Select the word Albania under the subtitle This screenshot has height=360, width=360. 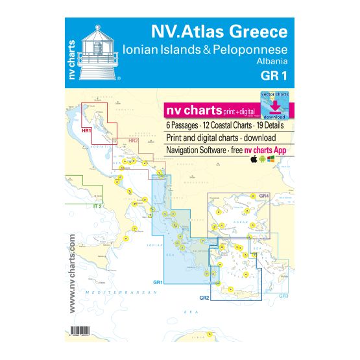272,62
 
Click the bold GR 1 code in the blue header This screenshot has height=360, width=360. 274,76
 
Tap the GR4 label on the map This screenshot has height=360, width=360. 263,197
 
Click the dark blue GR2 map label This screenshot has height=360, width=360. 204,297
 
